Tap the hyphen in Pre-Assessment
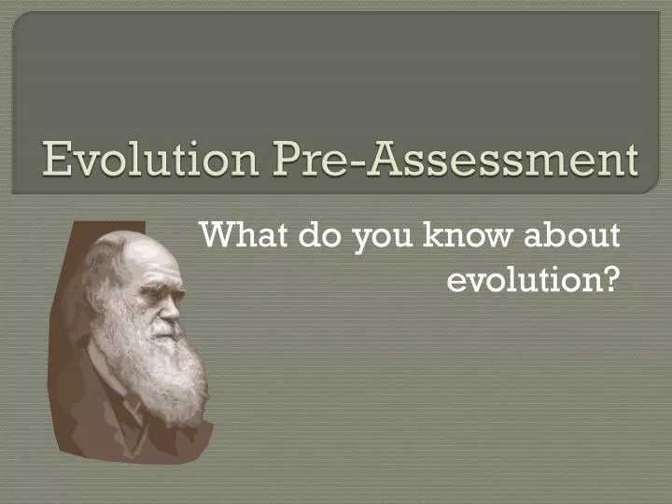pyautogui.click(x=356, y=163)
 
